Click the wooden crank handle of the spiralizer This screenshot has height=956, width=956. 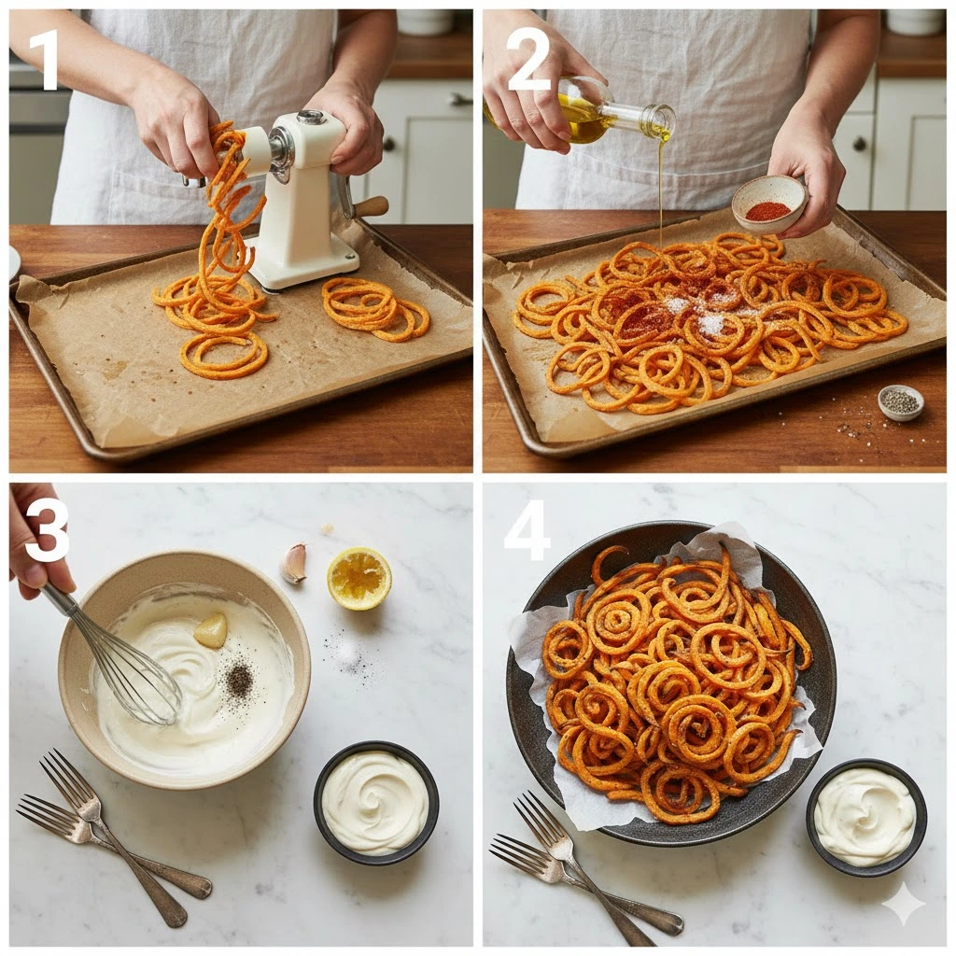(x=372, y=206)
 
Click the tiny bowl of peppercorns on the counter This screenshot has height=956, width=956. (x=901, y=403)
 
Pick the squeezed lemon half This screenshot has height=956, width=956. (x=359, y=578)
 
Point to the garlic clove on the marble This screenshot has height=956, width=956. (x=293, y=563)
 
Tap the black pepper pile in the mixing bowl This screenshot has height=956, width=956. (x=239, y=677)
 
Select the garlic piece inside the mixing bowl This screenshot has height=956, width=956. (x=210, y=630)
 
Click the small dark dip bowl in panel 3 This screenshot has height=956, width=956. (x=376, y=803)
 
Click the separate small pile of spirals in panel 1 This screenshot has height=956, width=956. (x=375, y=309)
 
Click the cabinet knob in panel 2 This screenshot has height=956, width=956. (x=860, y=144)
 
